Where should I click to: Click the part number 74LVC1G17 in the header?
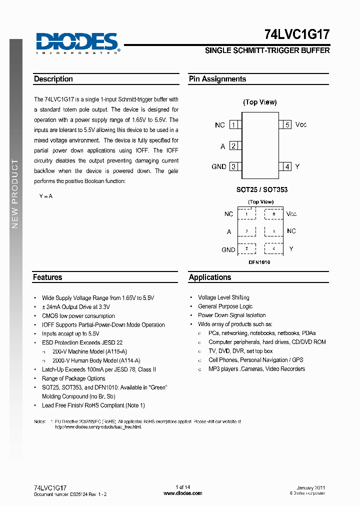coord(296,34)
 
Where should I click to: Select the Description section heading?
coord(53,79)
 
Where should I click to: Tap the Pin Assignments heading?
coord(217,79)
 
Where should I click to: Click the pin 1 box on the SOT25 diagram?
coord(233,125)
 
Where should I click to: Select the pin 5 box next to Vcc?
coord(287,125)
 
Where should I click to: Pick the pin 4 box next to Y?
coord(287,166)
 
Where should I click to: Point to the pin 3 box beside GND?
coord(233,166)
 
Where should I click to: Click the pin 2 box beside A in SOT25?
coord(233,146)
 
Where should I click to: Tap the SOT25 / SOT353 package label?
coord(262,190)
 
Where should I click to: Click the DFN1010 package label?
coord(259,262)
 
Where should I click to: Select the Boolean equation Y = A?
coord(45,196)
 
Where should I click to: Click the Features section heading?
coord(47,277)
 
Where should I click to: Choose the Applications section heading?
coord(210,277)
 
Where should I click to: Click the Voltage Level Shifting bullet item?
coord(223,297)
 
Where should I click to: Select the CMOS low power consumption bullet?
coord(78,316)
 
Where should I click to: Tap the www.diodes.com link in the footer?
coord(183,493)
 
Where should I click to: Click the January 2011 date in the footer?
coord(311,488)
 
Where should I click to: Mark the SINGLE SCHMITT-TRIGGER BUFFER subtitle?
coord(267,50)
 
